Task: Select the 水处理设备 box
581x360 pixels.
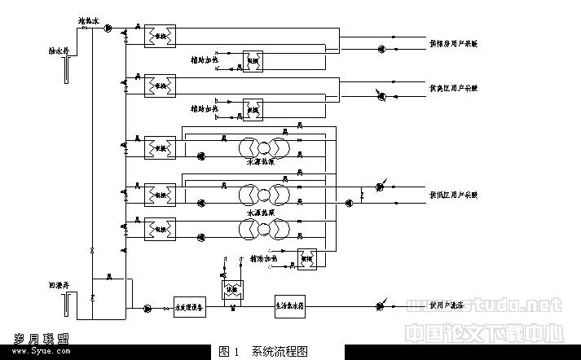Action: click(189, 309)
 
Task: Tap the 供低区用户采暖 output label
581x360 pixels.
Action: click(453, 195)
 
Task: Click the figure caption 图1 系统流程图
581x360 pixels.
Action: click(264, 352)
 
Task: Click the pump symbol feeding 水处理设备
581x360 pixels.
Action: click(147, 309)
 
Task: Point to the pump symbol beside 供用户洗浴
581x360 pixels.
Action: click(381, 307)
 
